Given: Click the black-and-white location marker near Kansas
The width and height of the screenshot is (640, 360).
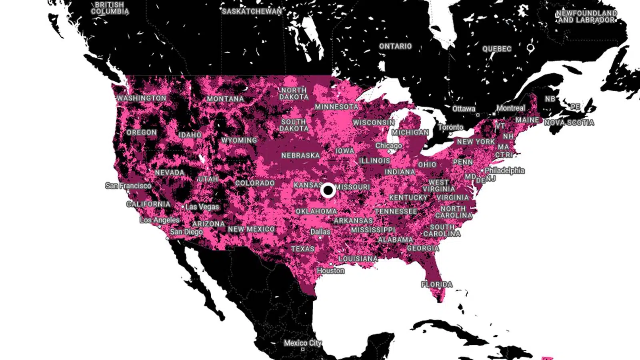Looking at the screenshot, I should [328, 191].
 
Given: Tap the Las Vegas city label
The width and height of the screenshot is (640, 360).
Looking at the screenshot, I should [202, 207].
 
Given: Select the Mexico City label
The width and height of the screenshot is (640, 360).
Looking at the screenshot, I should [302, 343].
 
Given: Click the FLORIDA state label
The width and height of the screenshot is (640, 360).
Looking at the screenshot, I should [436, 284].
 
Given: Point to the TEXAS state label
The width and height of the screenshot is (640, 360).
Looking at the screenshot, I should [303, 249].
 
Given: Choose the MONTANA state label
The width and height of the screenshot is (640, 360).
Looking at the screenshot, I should [225, 99].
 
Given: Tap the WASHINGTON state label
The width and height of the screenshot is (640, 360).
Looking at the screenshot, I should [142, 98].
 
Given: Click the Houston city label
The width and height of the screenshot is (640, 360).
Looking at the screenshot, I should [330, 271].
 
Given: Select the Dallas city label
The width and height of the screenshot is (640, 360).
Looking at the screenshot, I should [320, 232].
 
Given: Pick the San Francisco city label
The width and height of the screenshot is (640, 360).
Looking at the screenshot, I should [128, 186].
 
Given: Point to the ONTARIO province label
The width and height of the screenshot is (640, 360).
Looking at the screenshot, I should [395, 46].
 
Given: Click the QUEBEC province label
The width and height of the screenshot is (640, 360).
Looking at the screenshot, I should [497, 49].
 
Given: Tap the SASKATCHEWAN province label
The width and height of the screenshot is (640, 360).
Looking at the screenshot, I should [252, 11].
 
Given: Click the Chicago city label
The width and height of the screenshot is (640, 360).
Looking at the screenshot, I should [388, 146].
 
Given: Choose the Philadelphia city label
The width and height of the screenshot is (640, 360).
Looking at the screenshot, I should [504, 170].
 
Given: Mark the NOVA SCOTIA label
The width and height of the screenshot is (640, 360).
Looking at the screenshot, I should [569, 122].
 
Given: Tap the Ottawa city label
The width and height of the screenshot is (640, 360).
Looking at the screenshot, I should [464, 108].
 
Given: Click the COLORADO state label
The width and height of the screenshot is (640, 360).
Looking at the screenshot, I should [255, 183].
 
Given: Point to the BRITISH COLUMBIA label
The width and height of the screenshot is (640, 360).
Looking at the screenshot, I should [110, 8].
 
